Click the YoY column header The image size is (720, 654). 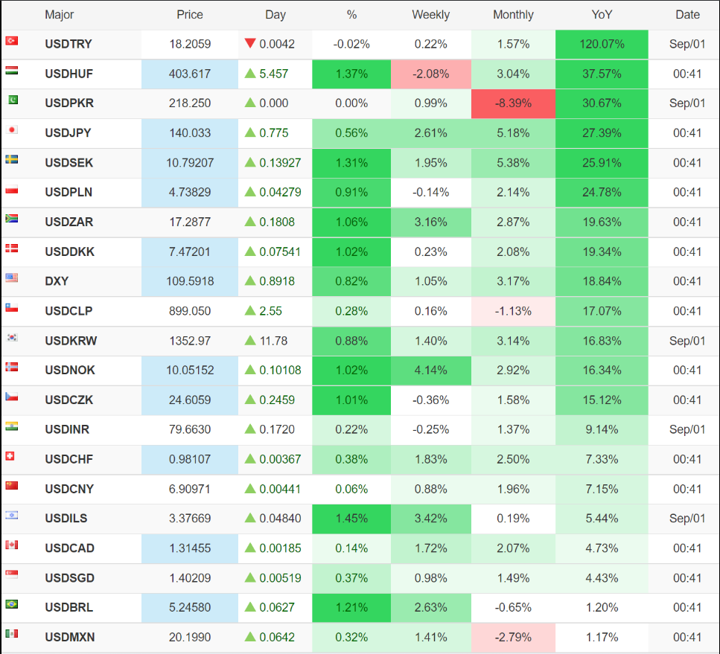(602, 14)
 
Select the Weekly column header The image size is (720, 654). (430, 14)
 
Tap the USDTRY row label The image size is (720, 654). (69, 44)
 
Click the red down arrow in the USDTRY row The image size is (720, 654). (250, 43)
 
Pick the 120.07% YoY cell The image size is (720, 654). (602, 44)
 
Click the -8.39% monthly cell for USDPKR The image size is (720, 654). (513, 103)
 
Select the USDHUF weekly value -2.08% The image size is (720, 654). (430, 74)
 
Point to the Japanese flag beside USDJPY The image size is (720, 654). (11, 129)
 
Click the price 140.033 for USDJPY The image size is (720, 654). (190, 133)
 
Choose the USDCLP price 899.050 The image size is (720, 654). (190, 311)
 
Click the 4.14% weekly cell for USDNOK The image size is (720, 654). (430, 371)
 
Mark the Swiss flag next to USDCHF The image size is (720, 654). (11, 456)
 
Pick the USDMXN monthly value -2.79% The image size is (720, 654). (513, 638)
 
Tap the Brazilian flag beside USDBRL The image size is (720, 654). (11, 604)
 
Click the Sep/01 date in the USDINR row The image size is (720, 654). (687, 429)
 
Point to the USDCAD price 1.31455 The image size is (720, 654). (190, 548)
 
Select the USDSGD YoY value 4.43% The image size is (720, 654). (602, 578)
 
